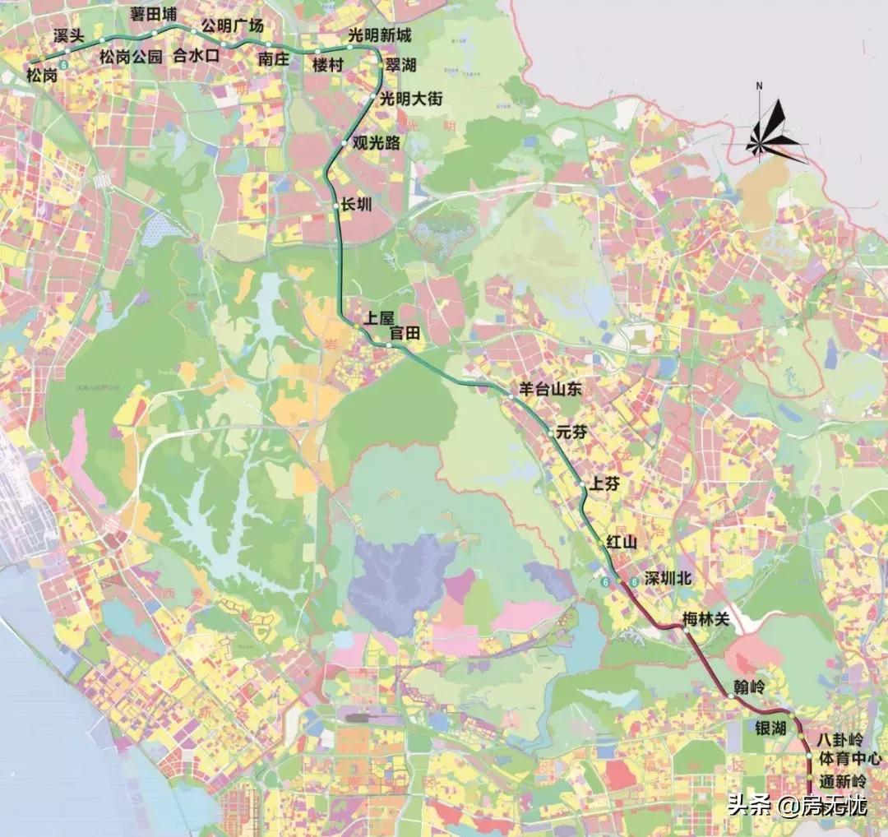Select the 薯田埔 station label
(x=153, y=16)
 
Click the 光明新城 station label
(x=379, y=35)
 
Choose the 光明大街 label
(x=410, y=99)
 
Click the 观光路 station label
(x=376, y=143)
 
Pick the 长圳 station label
(x=356, y=206)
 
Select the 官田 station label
(x=405, y=333)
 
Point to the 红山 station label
(x=622, y=542)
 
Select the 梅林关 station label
(x=705, y=618)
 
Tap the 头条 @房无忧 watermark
(x=797, y=806)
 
